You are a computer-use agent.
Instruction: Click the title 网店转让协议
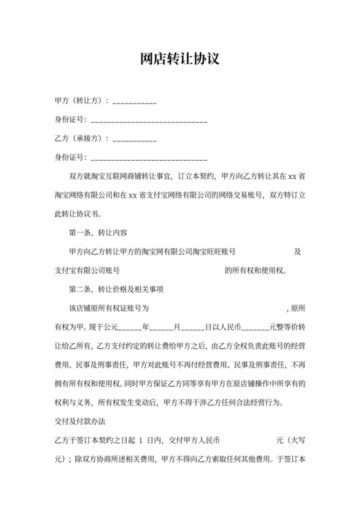[x=180, y=59]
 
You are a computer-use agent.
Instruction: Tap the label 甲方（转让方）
[x=82, y=102]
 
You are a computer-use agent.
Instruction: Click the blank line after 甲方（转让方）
[x=135, y=102]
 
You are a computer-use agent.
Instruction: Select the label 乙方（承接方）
[x=82, y=139]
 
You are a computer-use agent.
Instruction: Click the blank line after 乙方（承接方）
[x=135, y=139]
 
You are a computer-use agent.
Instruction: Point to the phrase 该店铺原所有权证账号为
[x=109, y=308]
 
